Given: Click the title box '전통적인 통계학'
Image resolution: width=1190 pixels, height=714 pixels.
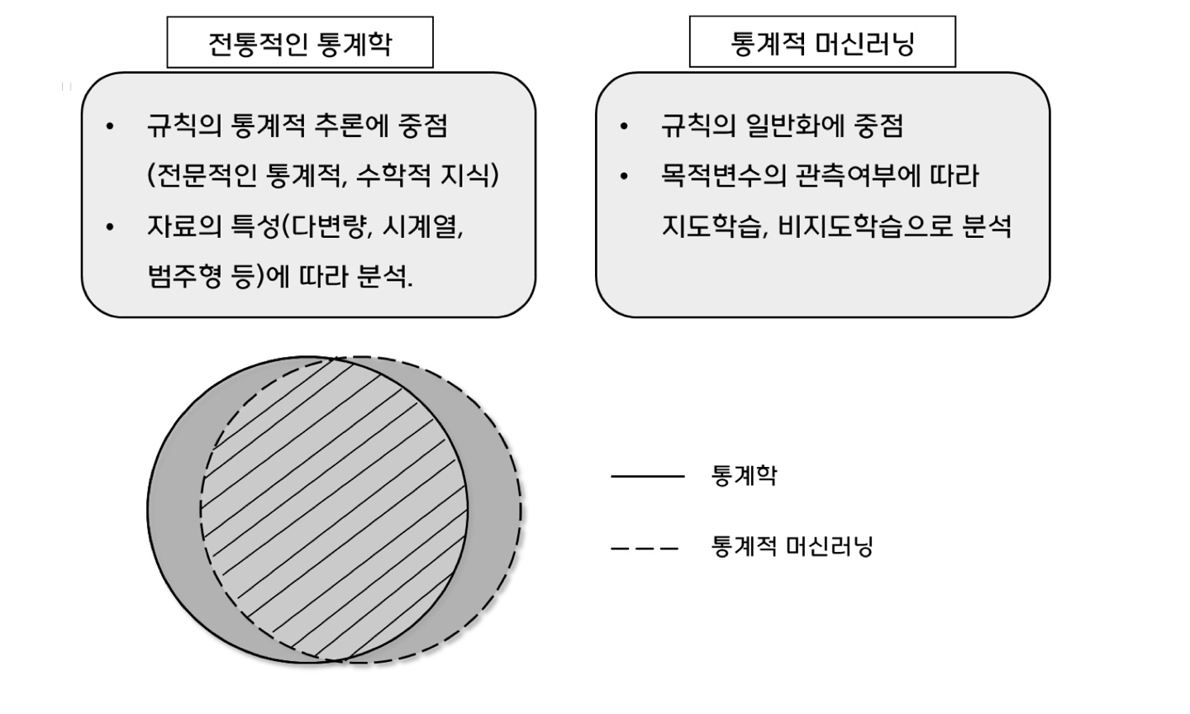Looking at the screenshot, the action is (300, 43).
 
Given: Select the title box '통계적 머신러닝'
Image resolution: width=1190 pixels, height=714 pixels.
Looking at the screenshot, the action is (822, 42).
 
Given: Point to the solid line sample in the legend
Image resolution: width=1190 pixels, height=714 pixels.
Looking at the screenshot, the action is (647, 476).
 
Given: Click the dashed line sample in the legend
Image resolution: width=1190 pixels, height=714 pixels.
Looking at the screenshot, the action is (645, 547).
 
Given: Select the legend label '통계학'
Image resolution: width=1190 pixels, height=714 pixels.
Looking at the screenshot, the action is (744, 476).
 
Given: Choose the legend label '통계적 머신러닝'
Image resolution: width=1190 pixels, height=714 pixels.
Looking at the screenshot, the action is (792, 547).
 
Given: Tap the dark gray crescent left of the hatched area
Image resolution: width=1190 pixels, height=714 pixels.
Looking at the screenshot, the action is (174, 508).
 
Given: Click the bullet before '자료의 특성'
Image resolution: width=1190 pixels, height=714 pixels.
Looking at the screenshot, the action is (111, 226).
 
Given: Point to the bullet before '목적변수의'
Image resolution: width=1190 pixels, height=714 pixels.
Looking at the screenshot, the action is (624, 177).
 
